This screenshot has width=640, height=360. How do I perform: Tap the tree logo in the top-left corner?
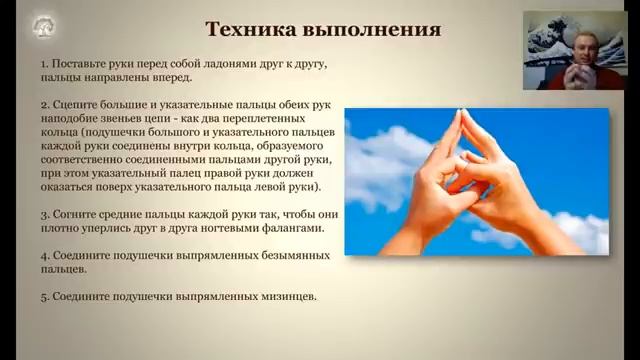[43, 27]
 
